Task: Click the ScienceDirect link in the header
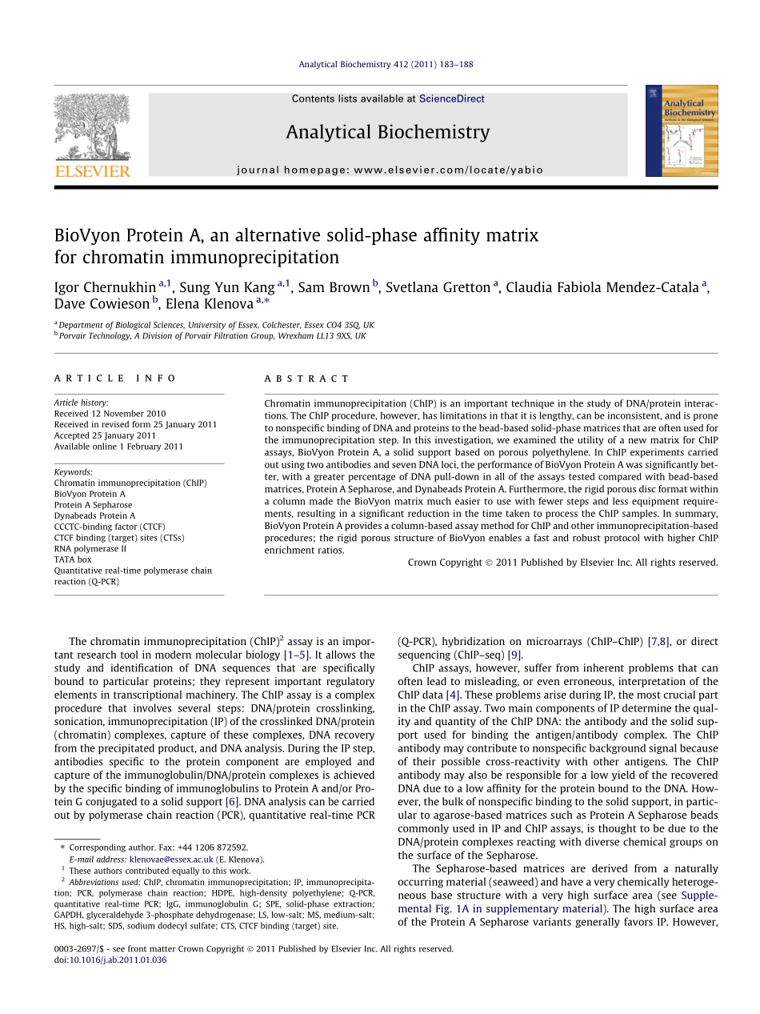click(452, 99)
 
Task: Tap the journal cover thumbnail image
click(682, 131)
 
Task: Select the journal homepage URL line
click(390, 170)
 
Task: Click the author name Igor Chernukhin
click(106, 287)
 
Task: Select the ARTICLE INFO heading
click(115, 379)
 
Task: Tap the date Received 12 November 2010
click(110, 414)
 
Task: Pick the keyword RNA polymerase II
click(90, 549)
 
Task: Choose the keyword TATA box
click(73, 559)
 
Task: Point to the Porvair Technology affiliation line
click(212, 336)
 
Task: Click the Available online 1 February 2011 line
click(118, 447)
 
